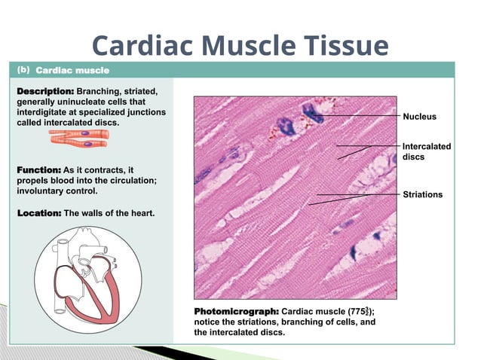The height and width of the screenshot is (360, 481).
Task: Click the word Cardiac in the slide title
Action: tap(133, 46)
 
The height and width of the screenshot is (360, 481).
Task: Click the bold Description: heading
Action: tap(45, 91)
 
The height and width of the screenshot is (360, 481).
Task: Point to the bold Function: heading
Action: tap(39, 170)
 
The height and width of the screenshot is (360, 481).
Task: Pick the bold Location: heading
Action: tap(39, 213)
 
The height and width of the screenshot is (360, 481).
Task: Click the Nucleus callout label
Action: tap(419, 117)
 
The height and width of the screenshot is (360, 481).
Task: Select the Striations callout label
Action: tap(422, 195)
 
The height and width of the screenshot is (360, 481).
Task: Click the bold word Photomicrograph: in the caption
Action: tap(237, 311)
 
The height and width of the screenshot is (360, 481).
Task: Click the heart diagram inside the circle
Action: tap(84, 279)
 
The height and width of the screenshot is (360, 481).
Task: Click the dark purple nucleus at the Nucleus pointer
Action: tap(311, 114)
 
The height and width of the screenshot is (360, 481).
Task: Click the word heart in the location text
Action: tap(141, 213)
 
